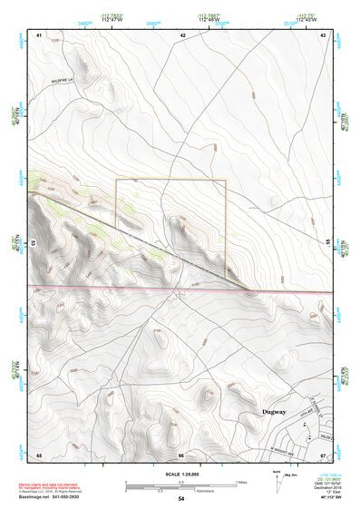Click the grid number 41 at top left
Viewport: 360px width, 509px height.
(x=40, y=34)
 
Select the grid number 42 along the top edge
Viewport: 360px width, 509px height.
(x=182, y=34)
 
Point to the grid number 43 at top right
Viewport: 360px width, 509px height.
(x=324, y=34)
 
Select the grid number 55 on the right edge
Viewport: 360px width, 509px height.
(x=328, y=242)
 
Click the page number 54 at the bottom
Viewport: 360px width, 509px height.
(x=181, y=499)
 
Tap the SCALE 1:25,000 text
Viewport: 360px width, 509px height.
(x=181, y=475)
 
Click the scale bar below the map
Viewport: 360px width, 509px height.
(x=181, y=485)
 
